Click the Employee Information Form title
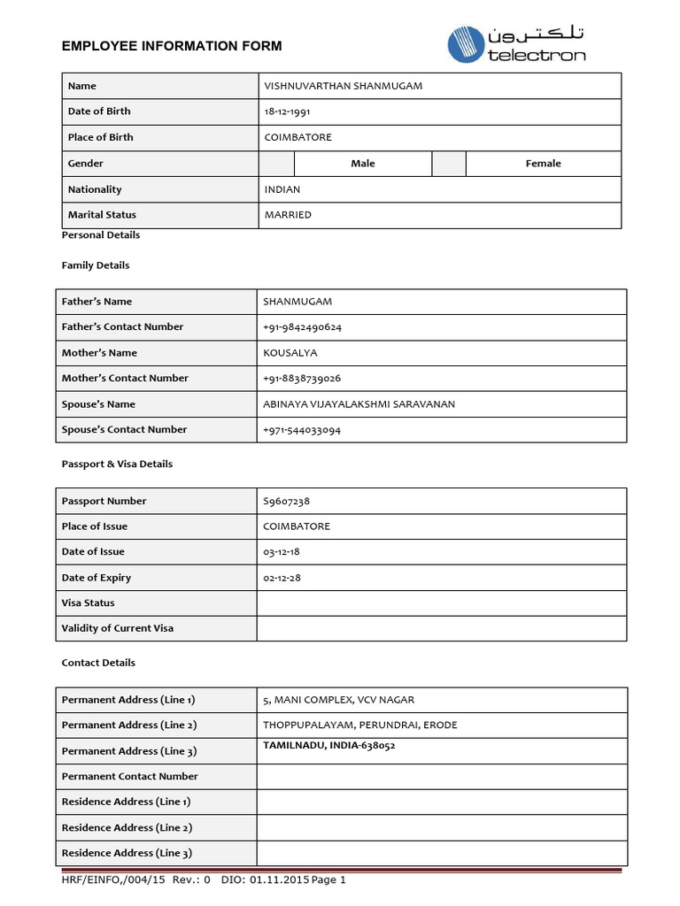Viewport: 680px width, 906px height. point(172,46)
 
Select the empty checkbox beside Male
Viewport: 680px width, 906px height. point(275,164)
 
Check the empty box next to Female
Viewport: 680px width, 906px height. point(449,164)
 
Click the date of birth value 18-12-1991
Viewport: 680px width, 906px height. point(287,111)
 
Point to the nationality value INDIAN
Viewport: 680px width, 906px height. point(282,189)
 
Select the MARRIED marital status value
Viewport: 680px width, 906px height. point(288,215)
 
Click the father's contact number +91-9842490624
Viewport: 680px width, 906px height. point(302,327)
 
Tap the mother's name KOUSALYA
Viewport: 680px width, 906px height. point(290,353)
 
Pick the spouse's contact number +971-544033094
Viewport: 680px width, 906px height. point(302,430)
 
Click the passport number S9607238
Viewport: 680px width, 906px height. point(286,501)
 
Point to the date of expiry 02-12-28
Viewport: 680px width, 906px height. point(282,578)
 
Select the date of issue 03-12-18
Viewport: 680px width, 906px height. point(282,552)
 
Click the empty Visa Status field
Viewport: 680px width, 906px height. point(441,603)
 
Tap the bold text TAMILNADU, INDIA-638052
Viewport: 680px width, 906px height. point(328,746)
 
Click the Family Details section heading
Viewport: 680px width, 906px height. point(96,265)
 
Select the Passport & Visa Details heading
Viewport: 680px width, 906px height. point(117,465)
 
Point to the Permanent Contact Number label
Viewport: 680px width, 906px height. point(130,777)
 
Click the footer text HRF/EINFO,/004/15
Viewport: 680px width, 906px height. point(113,880)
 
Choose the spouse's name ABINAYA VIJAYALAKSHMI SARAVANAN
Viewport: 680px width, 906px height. point(359,404)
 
